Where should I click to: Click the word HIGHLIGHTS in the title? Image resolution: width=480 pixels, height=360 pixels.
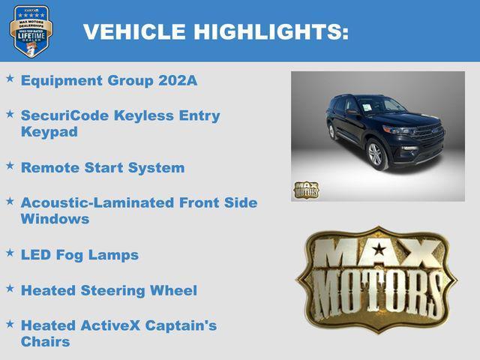[271, 32]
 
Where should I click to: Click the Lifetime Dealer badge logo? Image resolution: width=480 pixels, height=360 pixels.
[31, 31]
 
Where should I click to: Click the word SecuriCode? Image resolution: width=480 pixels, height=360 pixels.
[64, 115]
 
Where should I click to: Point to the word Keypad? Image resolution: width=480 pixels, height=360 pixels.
[49, 132]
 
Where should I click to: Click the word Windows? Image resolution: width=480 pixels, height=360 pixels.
[55, 219]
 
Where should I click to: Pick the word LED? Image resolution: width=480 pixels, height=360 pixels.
[36, 255]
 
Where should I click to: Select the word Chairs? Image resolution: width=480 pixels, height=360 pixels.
[46, 342]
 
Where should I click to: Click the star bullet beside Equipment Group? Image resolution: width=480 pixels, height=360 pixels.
[10, 78]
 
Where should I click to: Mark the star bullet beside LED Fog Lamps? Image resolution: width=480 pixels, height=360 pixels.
[10, 253]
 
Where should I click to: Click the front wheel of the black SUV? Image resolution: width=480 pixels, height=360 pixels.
[375, 154]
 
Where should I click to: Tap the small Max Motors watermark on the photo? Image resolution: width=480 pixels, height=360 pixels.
[306, 190]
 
